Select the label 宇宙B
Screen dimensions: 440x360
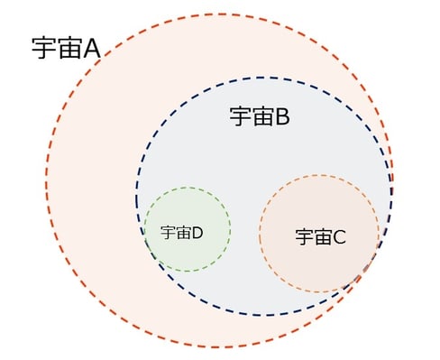[x=259, y=116]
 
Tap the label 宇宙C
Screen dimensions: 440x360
[x=320, y=237]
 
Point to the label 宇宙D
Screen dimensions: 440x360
[x=181, y=232]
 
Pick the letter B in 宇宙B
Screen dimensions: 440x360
[x=280, y=116]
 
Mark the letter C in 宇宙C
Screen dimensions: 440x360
[x=339, y=237]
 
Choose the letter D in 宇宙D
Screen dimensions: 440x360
[x=197, y=232]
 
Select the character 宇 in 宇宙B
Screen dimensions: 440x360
[x=239, y=116]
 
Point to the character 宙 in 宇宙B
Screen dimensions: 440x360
[x=261, y=116]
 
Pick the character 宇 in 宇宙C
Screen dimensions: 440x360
[x=304, y=237]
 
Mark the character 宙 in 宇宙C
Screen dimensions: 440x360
[x=322, y=237]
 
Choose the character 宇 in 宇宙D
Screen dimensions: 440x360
[x=168, y=232]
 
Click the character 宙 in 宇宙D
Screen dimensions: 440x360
[x=183, y=232]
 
